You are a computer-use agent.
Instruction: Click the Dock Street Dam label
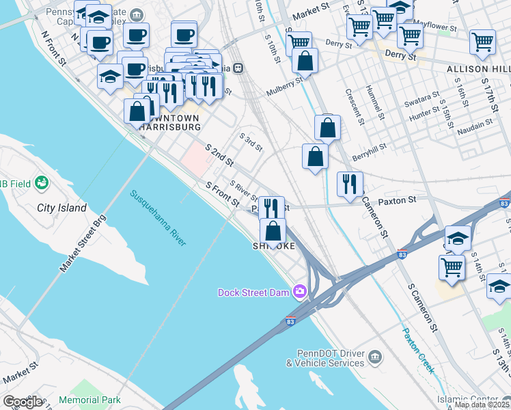pyautogui.click(x=254, y=292)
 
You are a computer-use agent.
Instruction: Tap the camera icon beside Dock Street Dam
pyautogui.click(x=299, y=292)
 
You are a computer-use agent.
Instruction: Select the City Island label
pyautogui.click(x=61, y=208)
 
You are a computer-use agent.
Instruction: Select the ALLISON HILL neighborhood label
pyautogui.click(x=478, y=70)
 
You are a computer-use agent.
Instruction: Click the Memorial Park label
pyautogui.click(x=89, y=400)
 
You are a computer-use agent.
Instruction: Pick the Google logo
pyautogui.click(x=22, y=402)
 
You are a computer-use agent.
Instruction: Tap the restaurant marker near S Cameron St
pyautogui.click(x=350, y=184)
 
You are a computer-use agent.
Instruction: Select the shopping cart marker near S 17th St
pyautogui.click(x=482, y=42)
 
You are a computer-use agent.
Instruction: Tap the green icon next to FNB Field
pyautogui.click(x=42, y=182)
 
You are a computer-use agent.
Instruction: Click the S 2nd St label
pyautogui.click(x=219, y=155)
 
